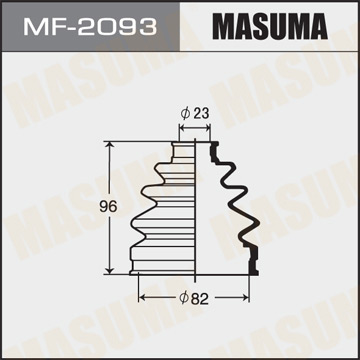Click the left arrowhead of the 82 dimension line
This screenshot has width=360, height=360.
140,297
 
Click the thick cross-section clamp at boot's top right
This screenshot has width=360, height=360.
213,150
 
